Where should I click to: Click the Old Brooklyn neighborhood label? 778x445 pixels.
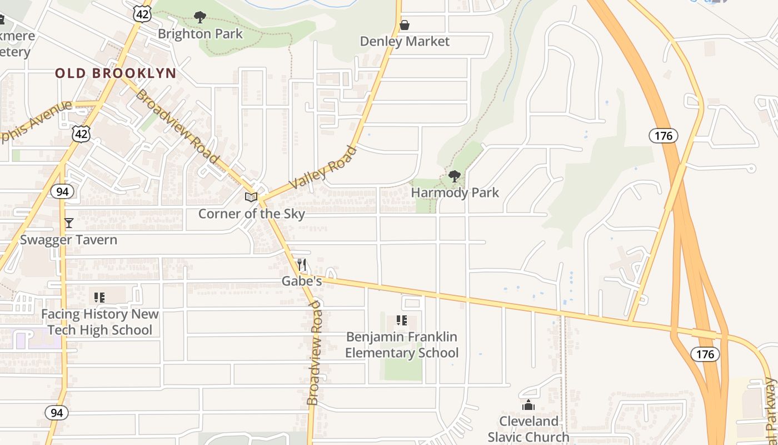116,73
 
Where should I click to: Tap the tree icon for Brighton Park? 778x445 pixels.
200,17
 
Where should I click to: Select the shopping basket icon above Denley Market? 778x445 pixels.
405,25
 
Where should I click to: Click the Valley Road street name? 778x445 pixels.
322,167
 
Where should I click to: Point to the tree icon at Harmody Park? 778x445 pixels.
455,177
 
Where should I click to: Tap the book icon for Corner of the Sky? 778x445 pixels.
251,197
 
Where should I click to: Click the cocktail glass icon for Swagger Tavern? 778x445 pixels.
69,223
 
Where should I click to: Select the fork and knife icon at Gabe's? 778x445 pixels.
302,265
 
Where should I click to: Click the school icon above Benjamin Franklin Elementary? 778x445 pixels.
402,320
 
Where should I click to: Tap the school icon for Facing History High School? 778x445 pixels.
99,298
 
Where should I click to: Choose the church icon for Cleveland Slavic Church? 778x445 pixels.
528,405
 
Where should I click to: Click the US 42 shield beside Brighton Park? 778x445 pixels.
142,14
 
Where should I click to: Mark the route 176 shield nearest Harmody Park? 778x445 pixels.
663,136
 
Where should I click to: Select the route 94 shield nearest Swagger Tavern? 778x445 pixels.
61,192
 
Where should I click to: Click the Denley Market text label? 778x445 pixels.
405,42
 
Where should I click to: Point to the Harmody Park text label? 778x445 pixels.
455,193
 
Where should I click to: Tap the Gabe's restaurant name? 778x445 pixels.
302,281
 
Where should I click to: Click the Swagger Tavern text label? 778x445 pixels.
69,240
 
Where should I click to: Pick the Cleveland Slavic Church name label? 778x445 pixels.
528,429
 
